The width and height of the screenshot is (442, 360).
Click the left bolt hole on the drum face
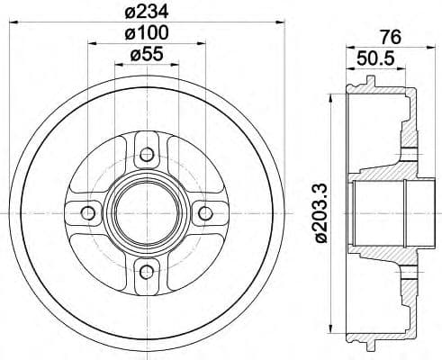[x=87, y=212]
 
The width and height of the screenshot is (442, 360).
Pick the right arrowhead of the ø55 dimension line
[x=177, y=66]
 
